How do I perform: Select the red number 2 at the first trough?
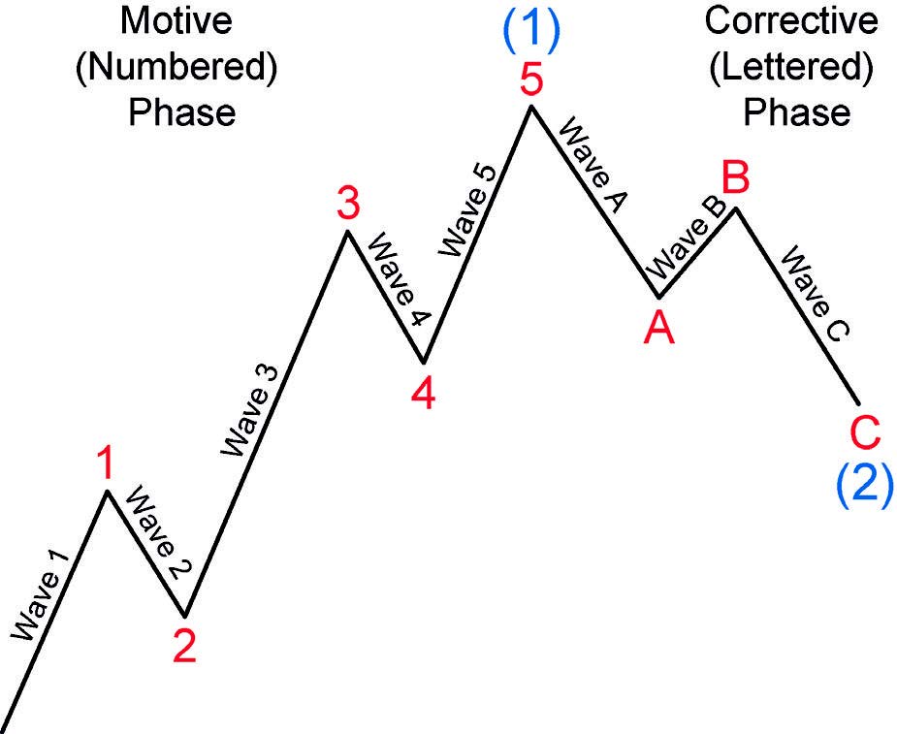click(x=184, y=645)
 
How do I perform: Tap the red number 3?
click(x=348, y=206)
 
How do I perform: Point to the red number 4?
click(x=423, y=393)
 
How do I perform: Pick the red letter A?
click(x=659, y=329)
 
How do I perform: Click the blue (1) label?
click(x=530, y=29)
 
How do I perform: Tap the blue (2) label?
click(x=864, y=483)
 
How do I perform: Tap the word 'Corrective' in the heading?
click(x=791, y=19)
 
